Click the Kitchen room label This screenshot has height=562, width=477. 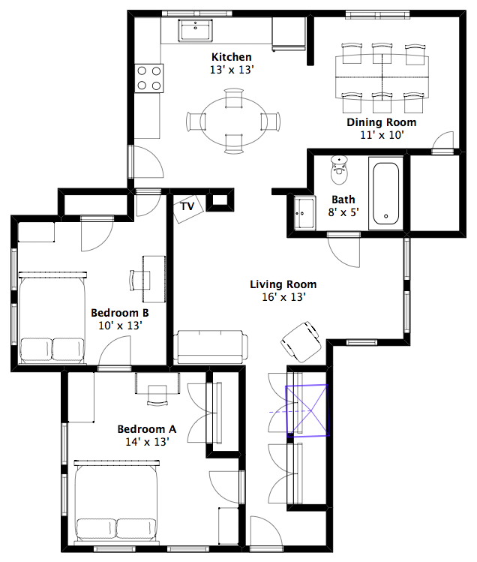[x=232, y=57]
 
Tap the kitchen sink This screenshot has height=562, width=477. [x=195, y=30]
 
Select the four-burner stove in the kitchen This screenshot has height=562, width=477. [x=149, y=78]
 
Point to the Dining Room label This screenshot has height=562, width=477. [x=381, y=122]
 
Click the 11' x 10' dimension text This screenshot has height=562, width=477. [x=382, y=135]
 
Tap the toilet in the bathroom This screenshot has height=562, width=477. [x=339, y=170]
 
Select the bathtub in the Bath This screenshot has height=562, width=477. [x=385, y=194]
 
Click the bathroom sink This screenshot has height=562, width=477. [x=304, y=213]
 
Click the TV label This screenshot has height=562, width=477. [x=187, y=206]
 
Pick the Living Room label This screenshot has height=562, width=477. [x=283, y=284]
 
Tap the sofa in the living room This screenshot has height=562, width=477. [x=211, y=347]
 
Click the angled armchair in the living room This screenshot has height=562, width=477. [x=301, y=341]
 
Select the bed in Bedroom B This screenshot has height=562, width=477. [x=52, y=318]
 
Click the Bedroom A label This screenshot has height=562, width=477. [x=146, y=429]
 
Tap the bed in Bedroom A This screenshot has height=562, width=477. [x=117, y=501]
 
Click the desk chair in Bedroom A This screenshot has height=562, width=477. [x=157, y=395]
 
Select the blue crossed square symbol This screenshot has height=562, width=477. [x=307, y=410]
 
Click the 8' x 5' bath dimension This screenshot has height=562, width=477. [x=343, y=212]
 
